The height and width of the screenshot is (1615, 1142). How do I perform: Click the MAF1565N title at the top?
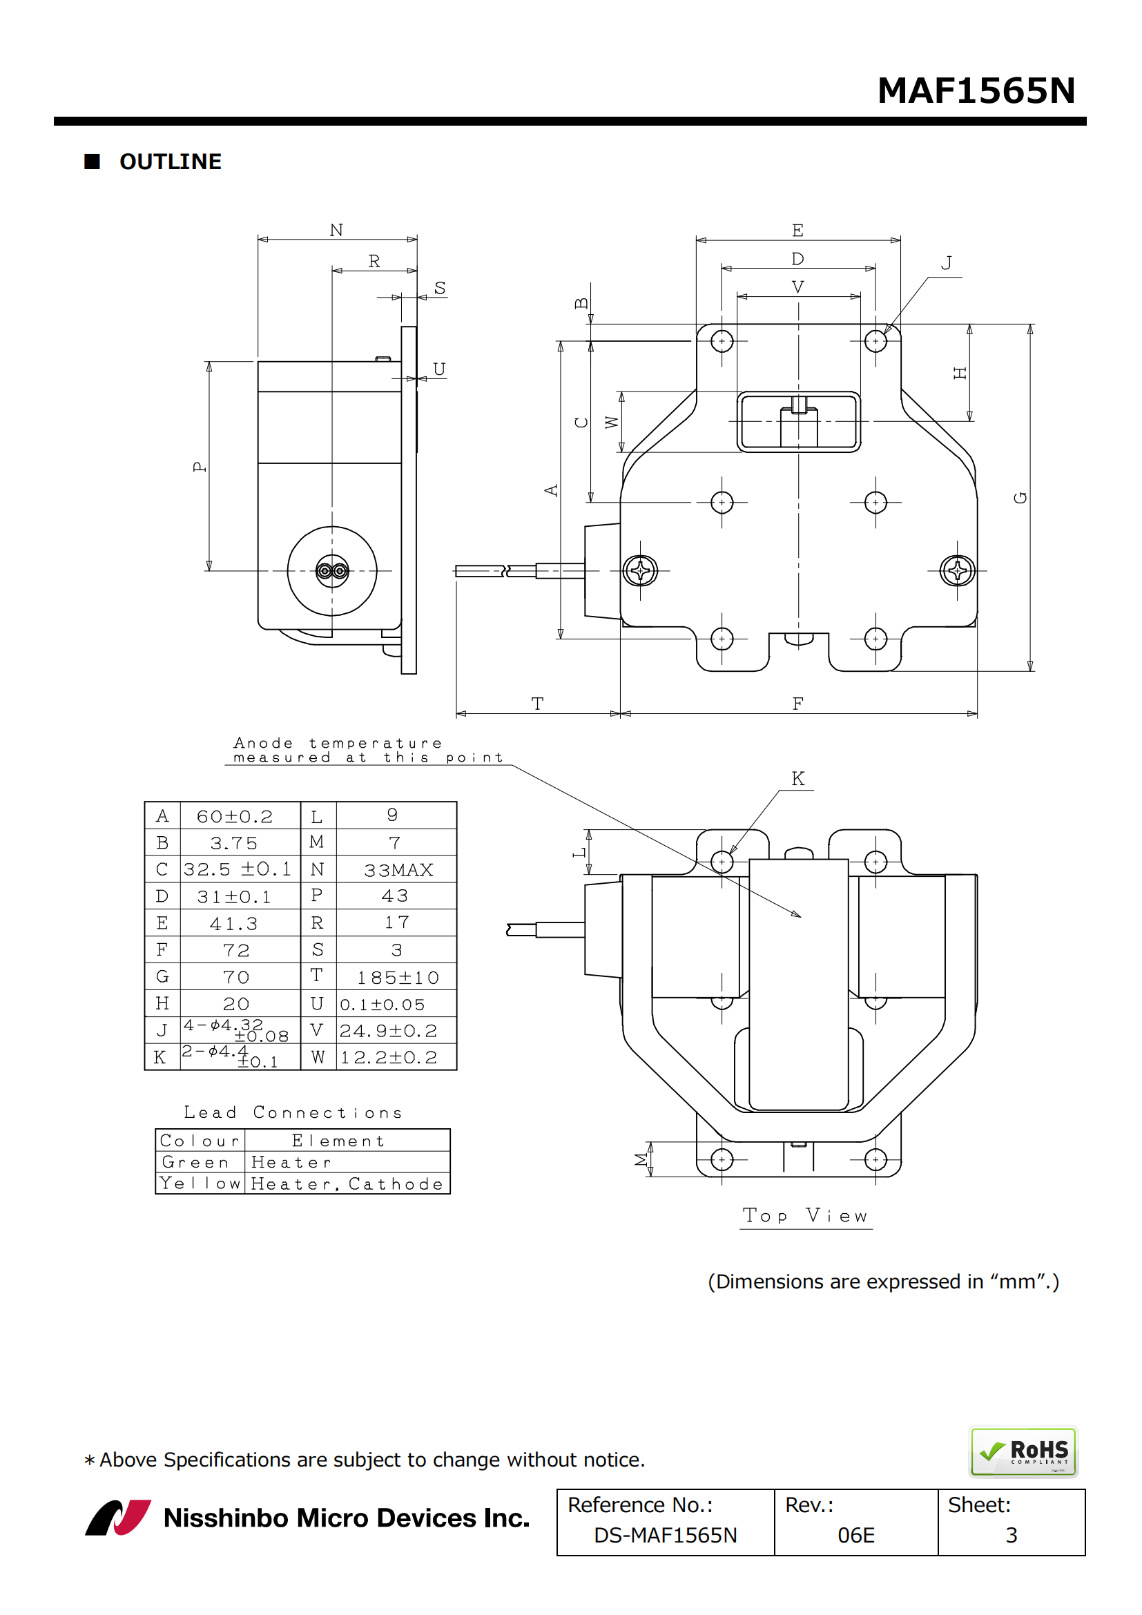[976, 90]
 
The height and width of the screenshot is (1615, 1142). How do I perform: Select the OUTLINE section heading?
[170, 162]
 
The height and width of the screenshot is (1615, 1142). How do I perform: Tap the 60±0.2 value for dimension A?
[234, 817]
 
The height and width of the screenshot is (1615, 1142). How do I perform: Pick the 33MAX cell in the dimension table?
[398, 870]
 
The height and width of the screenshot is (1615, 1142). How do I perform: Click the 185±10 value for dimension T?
[398, 978]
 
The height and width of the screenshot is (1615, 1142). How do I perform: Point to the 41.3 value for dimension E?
[234, 924]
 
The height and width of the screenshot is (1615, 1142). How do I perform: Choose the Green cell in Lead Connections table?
[195, 1162]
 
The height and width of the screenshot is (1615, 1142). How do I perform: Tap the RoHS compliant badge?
[1023, 1451]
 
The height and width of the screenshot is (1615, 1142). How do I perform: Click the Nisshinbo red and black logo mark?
[118, 1517]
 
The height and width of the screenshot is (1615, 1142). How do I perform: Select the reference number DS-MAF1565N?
[665, 1535]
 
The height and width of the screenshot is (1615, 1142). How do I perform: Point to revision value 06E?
[855, 1535]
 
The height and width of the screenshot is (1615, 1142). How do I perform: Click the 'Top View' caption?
[806, 1215]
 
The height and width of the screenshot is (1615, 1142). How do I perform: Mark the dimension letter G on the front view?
[1020, 497]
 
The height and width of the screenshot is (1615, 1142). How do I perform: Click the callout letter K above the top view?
[797, 779]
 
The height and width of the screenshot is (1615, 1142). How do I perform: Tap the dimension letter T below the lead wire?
[538, 704]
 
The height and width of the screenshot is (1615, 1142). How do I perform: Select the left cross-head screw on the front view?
[640, 570]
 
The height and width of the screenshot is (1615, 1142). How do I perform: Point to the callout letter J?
[947, 263]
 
